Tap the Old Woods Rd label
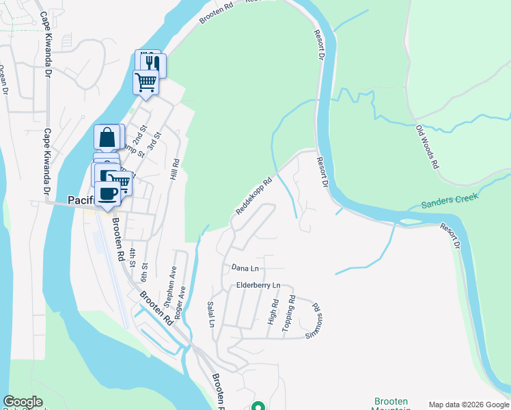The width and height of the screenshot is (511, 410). tap(427, 147)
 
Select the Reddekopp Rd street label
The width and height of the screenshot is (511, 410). tap(254, 197)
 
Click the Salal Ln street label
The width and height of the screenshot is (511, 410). tap(211, 314)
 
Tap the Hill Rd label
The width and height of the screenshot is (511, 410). tap(175, 169)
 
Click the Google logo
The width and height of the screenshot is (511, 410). tap(23, 402)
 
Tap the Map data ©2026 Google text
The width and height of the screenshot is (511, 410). tap(468, 405)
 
